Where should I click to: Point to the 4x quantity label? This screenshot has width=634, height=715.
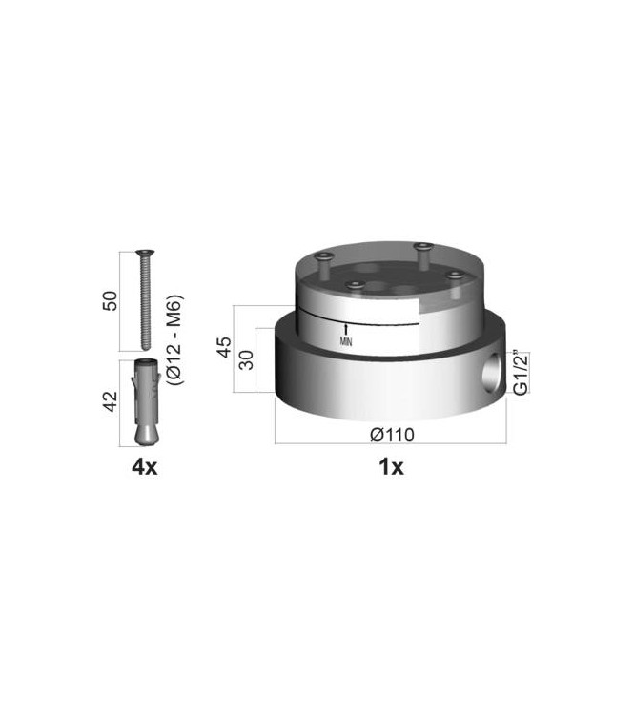tap(144, 466)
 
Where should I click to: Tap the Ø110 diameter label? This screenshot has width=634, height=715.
tap(389, 435)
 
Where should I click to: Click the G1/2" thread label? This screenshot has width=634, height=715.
tap(521, 374)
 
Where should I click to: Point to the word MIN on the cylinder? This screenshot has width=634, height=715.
tap(345, 340)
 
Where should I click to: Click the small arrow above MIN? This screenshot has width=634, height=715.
tap(345, 328)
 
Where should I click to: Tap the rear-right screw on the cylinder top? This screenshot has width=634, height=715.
tap(420, 249)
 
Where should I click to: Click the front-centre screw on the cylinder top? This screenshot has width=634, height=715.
tap(355, 284)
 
